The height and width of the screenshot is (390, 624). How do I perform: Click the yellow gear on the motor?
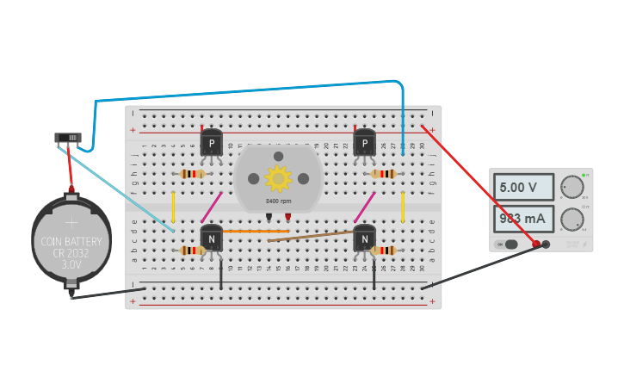pyautogui.click(x=278, y=178)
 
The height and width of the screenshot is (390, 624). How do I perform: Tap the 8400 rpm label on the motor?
pyautogui.click(x=278, y=201)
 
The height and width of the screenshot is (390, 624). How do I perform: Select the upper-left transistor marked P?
pyautogui.click(x=212, y=141)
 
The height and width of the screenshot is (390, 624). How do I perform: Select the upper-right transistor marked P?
pyautogui.click(x=365, y=141)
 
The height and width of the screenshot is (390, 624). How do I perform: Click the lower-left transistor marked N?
pyautogui.click(x=212, y=237)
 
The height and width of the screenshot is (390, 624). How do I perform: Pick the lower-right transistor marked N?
pyautogui.click(x=365, y=237)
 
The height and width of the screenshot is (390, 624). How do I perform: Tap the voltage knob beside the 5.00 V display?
pyautogui.click(x=571, y=187)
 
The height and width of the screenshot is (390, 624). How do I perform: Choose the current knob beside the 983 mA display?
pyautogui.click(x=571, y=220)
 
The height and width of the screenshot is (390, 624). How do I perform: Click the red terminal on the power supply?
pyautogui.click(x=536, y=245)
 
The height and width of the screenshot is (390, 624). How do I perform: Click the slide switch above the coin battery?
pyautogui.click(x=67, y=137)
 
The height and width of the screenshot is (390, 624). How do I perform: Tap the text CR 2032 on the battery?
pyautogui.click(x=71, y=254)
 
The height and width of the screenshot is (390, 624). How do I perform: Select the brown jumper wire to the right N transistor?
pyautogui.click(x=310, y=236)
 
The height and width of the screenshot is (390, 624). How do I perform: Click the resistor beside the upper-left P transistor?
pyautogui.click(x=192, y=174)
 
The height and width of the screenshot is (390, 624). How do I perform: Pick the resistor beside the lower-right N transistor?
pyautogui.click(x=385, y=251)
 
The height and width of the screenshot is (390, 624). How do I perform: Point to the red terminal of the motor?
pyautogui.click(x=288, y=215)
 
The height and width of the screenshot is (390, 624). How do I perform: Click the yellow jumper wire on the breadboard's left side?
pyautogui.click(x=173, y=207)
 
